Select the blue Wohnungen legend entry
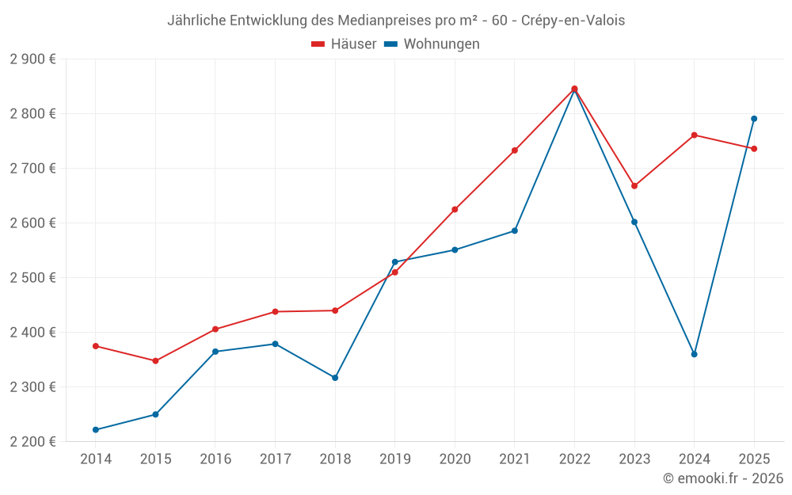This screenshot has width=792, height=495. pyautogui.click(x=432, y=44)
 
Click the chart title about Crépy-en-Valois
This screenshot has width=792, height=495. pyautogui.click(x=396, y=21)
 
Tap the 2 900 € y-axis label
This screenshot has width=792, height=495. pyautogui.click(x=32, y=59)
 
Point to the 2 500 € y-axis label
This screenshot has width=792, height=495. pyautogui.click(x=32, y=278)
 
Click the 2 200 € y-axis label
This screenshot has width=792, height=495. pyautogui.click(x=32, y=442)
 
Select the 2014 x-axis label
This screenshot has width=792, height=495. pyautogui.click(x=96, y=459)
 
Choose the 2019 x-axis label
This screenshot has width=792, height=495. pyautogui.click(x=395, y=459)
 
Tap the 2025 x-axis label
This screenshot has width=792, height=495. pyautogui.click(x=754, y=459)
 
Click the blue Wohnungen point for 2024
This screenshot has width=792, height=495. pyautogui.click(x=695, y=354)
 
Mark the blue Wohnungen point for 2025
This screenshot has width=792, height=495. pyautogui.click(x=754, y=119)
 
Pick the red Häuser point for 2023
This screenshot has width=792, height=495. pyautogui.click(x=634, y=186)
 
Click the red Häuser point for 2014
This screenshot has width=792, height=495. pyautogui.click(x=96, y=346)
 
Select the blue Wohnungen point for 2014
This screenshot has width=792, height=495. pyautogui.click(x=96, y=430)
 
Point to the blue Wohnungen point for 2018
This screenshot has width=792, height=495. pyautogui.click(x=335, y=378)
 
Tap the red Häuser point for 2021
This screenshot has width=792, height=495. pyautogui.click(x=515, y=150)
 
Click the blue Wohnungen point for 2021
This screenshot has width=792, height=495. pyautogui.click(x=515, y=231)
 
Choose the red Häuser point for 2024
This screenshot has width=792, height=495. pyautogui.click(x=695, y=135)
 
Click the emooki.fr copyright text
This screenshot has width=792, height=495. pyautogui.click(x=722, y=478)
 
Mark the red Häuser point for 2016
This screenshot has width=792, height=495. pyautogui.click(x=215, y=329)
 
